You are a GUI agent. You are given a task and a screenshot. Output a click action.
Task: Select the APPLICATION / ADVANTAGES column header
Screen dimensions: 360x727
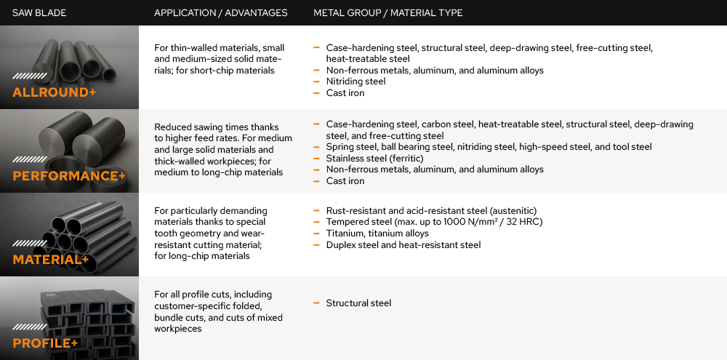pyautogui.click(x=220, y=13)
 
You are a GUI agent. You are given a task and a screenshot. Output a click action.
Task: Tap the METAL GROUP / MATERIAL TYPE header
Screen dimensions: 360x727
pyautogui.click(x=387, y=13)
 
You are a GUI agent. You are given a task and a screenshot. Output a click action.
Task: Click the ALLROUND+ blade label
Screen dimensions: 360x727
pyautogui.click(x=54, y=92)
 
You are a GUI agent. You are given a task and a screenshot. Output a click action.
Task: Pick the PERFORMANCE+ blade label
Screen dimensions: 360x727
pyautogui.click(x=64, y=176)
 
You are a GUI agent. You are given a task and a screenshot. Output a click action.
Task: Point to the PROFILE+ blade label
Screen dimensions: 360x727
pyautogui.click(x=45, y=343)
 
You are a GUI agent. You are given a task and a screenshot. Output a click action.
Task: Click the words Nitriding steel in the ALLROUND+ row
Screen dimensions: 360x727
pyautogui.click(x=356, y=81)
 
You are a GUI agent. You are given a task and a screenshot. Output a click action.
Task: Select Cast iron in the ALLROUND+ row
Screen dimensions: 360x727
pyautogui.click(x=345, y=93)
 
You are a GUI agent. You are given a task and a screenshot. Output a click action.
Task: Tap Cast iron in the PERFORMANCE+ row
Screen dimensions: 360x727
pyautogui.click(x=345, y=181)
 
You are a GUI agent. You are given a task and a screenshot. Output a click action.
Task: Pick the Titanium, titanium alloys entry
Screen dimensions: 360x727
pyautogui.click(x=377, y=233)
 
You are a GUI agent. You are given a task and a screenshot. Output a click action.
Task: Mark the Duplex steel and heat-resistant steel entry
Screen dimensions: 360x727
pyautogui.click(x=403, y=245)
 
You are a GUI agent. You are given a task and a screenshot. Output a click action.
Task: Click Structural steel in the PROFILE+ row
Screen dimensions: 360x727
pyautogui.click(x=358, y=303)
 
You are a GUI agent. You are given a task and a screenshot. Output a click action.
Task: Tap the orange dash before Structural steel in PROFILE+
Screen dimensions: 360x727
pyautogui.click(x=317, y=303)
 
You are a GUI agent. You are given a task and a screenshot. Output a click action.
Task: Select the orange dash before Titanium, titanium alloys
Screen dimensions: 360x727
pyautogui.click(x=317, y=233)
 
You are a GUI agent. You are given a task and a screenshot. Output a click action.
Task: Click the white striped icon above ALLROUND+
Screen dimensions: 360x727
pyautogui.click(x=25, y=76)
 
